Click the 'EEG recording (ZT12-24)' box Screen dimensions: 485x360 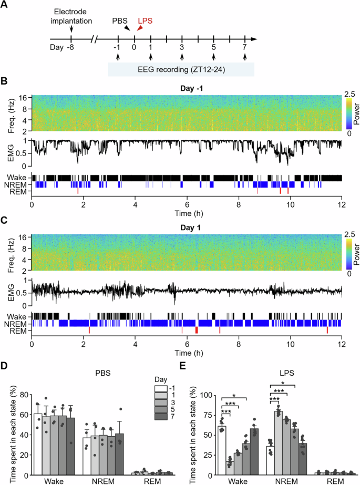(x=181, y=69)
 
